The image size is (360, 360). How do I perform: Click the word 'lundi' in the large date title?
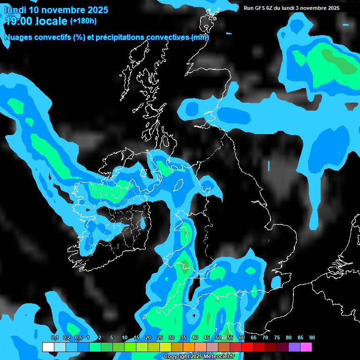[x=15, y=10]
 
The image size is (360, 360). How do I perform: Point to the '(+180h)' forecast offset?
[x=83, y=21]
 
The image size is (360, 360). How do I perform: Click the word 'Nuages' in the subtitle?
[x=17, y=37]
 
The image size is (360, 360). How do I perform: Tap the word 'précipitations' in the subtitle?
[x=116, y=37]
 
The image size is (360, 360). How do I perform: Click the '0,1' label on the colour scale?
[x=54, y=338]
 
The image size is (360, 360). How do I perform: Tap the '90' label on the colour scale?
[x=312, y=338]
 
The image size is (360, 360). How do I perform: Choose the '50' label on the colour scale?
[x=218, y=338]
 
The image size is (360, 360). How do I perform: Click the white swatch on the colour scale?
[x=48, y=347]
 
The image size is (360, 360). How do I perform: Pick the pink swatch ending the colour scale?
[x=306, y=347]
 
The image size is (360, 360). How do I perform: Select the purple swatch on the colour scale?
[x=294, y=347]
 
